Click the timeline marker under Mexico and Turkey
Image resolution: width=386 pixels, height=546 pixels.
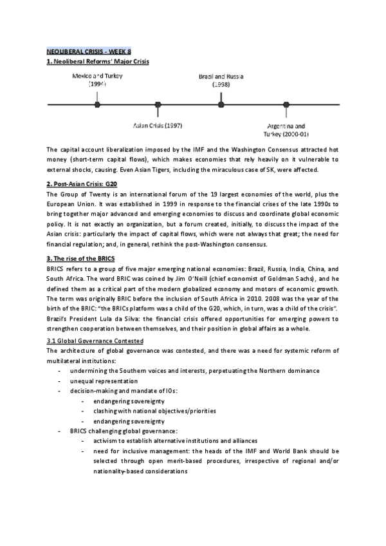pyautogui.click(x=97, y=104)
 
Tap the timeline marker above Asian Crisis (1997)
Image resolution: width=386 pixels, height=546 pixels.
pyautogui.click(x=158, y=104)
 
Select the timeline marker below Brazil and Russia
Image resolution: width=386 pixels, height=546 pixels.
pyautogui.click(x=221, y=104)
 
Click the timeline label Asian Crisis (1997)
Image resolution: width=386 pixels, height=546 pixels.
pyautogui.click(x=158, y=124)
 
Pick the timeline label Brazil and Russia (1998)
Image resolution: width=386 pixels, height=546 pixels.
pyautogui.click(x=221, y=80)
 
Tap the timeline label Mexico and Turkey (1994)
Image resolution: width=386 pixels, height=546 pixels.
pyautogui.click(x=97, y=80)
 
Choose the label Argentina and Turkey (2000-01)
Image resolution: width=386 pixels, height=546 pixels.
pyautogui.click(x=285, y=130)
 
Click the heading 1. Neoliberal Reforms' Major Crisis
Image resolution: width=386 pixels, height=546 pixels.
pyautogui.click(x=98, y=61)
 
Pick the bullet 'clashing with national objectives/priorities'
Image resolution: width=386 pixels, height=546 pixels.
pyautogui.click(x=154, y=410)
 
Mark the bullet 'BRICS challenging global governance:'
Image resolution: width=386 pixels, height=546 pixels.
pyautogui.click(x=124, y=430)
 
